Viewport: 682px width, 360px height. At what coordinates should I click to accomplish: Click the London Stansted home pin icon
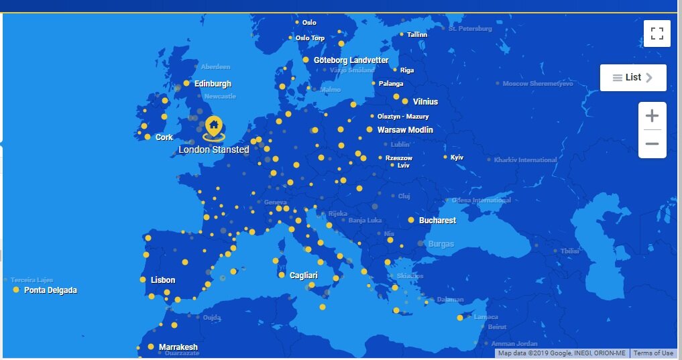tap(213, 125)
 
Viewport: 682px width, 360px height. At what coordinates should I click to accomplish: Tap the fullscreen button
tap(657, 34)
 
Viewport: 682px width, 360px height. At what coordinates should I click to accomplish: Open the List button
tap(632, 78)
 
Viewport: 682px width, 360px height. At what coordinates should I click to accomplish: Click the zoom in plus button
tap(652, 116)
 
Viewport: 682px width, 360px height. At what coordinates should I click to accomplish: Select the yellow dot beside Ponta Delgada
tap(16, 290)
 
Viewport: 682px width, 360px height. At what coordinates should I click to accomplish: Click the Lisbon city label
tap(163, 280)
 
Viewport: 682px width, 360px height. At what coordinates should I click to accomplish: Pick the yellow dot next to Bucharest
tap(411, 220)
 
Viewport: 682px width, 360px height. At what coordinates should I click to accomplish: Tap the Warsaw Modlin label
tap(405, 130)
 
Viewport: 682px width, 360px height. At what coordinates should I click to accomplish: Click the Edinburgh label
tap(213, 84)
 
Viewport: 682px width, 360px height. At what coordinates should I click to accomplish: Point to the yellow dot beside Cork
tap(148, 137)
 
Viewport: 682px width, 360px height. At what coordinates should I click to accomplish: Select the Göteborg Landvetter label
tap(351, 60)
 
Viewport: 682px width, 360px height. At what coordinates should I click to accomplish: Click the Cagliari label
tap(303, 276)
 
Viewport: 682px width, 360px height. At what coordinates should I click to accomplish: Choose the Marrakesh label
tap(178, 347)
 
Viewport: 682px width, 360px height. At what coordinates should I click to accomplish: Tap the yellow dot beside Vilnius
tap(405, 102)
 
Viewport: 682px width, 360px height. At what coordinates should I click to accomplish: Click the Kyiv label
tap(457, 158)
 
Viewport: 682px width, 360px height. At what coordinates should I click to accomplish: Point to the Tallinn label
tap(417, 35)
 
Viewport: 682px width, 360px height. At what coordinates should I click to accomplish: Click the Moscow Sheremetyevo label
tap(538, 84)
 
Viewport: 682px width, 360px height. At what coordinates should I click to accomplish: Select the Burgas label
tap(441, 244)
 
